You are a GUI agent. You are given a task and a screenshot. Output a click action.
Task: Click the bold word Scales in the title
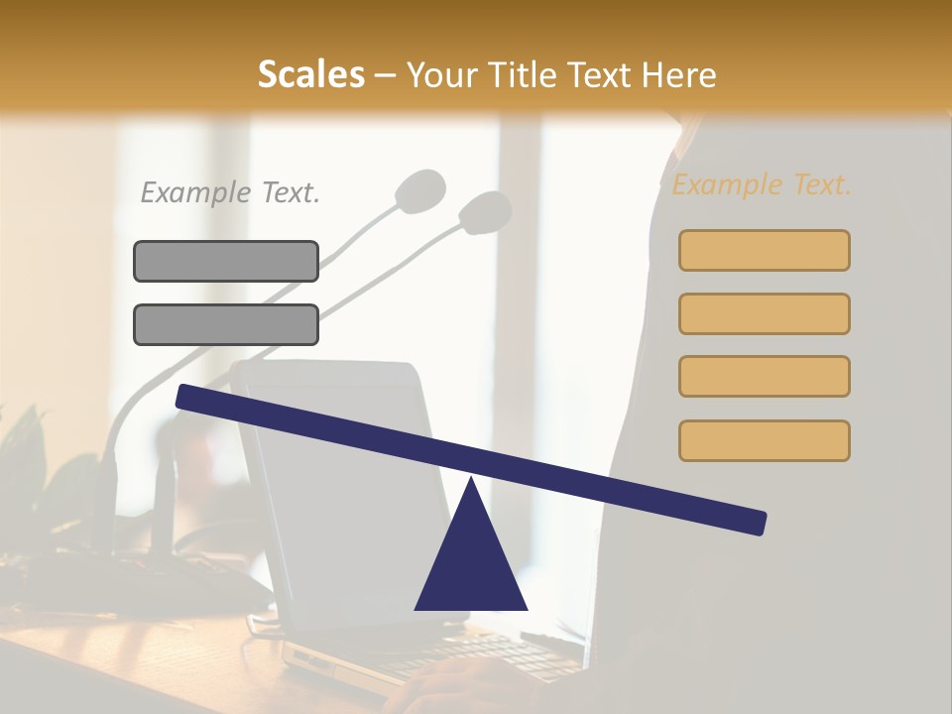(x=310, y=75)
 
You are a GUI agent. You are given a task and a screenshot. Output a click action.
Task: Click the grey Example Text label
(x=230, y=192)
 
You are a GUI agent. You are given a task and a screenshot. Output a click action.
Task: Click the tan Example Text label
(x=762, y=184)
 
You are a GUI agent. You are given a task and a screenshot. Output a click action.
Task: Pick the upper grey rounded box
(x=226, y=261)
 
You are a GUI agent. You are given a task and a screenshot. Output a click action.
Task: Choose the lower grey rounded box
(x=226, y=324)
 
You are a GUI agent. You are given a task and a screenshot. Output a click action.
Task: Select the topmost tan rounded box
(x=764, y=250)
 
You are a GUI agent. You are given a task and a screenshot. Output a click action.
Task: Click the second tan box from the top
(x=764, y=313)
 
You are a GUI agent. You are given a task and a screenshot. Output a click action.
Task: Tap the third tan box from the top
(x=764, y=376)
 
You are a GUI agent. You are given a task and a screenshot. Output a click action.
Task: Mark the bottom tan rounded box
(x=764, y=440)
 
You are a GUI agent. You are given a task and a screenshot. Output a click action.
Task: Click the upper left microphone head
(x=420, y=189)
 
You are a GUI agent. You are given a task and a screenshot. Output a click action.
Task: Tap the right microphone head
(x=486, y=211)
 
